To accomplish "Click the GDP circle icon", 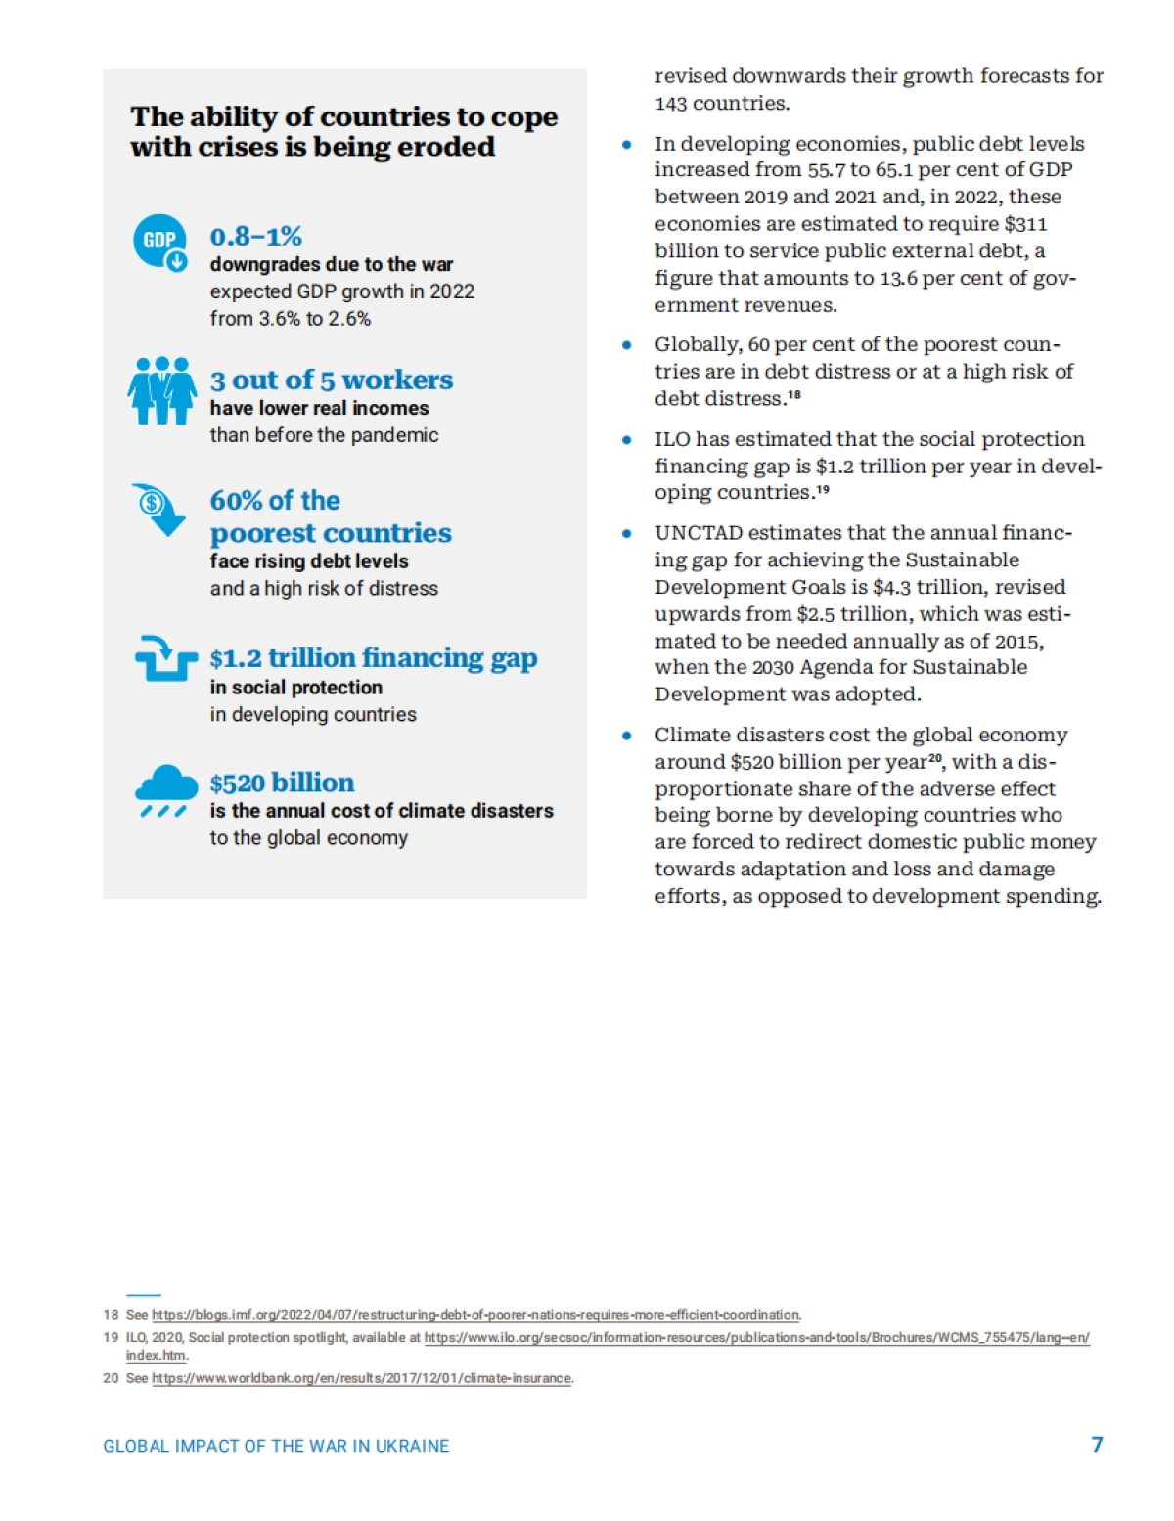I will click(159, 242).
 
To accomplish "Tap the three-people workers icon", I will click(161, 390).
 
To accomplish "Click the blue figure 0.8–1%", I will click(255, 237).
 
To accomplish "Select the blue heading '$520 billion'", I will click(282, 783).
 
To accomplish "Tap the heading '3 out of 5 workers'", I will click(331, 380).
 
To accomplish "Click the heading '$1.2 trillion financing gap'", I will click(373, 657).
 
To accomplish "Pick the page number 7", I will click(1097, 1445).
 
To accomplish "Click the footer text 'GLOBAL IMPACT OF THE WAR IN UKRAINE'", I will click(276, 1446).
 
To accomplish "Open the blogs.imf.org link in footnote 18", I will click(475, 1315).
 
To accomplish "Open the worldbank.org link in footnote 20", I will click(362, 1378).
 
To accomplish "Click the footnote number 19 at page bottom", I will click(111, 1337).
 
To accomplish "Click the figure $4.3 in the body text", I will click(890, 587).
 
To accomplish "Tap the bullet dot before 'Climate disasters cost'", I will click(627, 736).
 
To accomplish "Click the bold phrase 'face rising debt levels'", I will click(308, 561).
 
